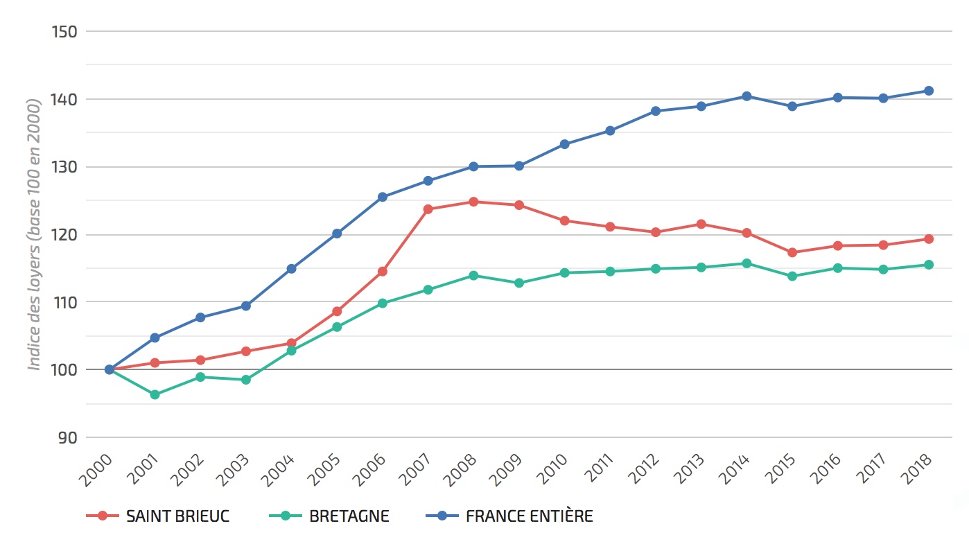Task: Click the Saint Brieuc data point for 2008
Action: coord(473,202)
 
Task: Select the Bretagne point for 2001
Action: coord(155,394)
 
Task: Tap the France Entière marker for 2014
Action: coord(747,96)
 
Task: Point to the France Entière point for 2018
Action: coord(929,91)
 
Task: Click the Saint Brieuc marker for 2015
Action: coord(792,252)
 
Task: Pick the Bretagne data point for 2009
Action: coord(519,283)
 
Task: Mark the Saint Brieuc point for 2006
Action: coord(383,271)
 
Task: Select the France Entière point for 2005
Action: coord(337,234)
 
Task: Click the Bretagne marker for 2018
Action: coord(929,264)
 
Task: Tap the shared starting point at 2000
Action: coord(110,369)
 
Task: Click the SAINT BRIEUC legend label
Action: coord(177,516)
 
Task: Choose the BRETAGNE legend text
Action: coord(349,516)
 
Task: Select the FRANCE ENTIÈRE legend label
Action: coord(530,516)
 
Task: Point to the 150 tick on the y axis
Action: coord(64,32)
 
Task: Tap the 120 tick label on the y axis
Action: coord(64,235)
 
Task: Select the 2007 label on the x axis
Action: coord(416,471)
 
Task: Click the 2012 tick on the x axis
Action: coord(643,471)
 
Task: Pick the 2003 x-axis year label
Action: coord(234,471)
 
